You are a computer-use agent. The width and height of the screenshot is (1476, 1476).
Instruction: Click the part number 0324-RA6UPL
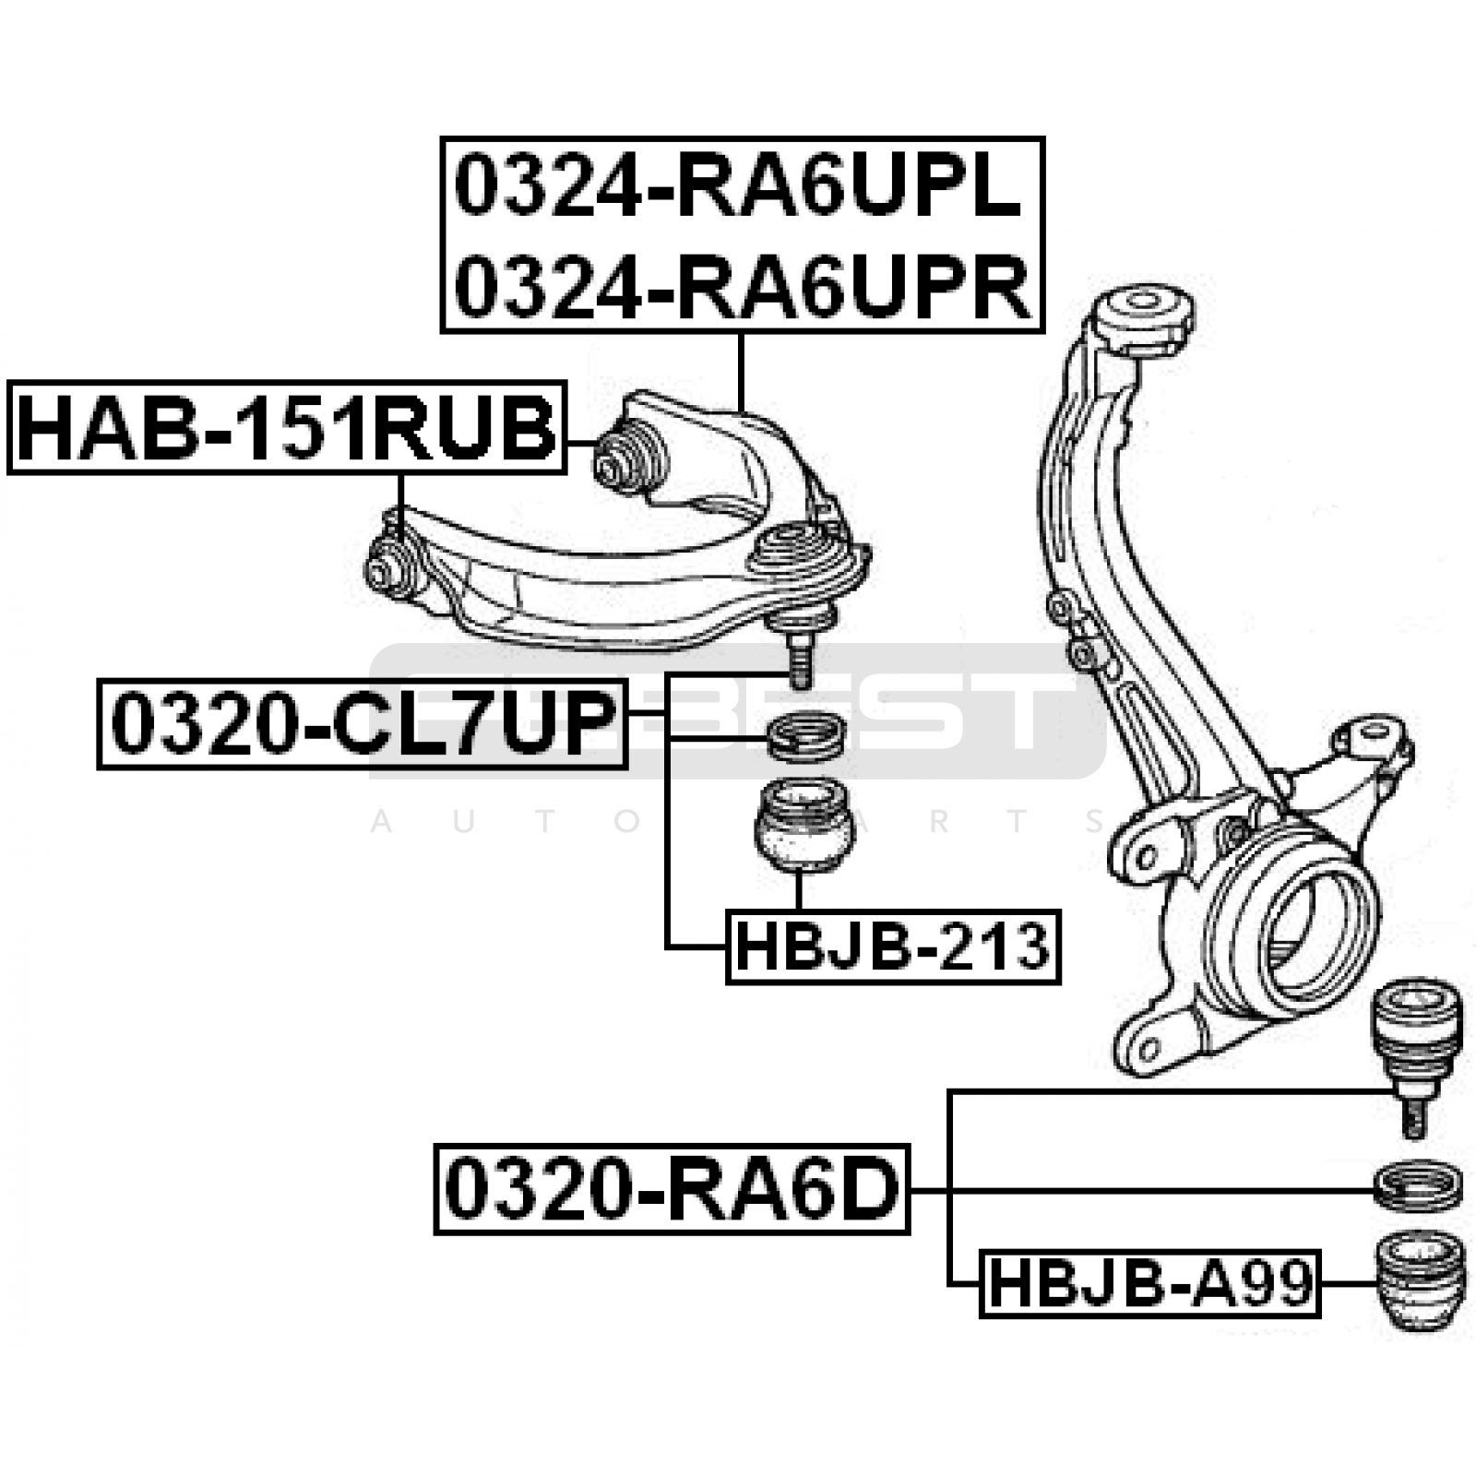coord(739,187)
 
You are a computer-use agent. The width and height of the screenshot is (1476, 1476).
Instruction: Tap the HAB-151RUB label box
coord(287,427)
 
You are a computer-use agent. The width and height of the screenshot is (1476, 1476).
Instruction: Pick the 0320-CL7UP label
coord(363,723)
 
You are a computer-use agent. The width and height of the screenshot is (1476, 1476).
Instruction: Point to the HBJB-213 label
coord(893,946)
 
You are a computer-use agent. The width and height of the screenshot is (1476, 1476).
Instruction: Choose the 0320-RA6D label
coord(672,1189)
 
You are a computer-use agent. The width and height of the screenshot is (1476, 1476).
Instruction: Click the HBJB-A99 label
coord(1149,1283)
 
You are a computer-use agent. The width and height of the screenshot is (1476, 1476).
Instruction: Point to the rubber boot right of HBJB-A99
coord(1419,1282)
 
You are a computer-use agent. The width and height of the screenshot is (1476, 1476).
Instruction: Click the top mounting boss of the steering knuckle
coord(1142,323)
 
